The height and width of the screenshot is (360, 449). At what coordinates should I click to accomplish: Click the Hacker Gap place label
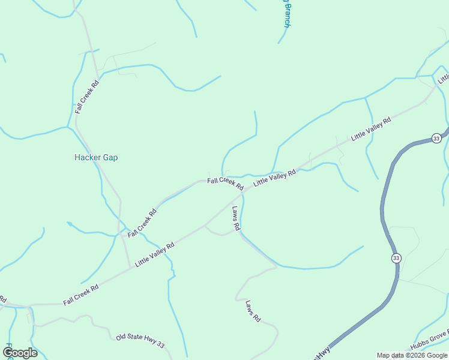(96, 157)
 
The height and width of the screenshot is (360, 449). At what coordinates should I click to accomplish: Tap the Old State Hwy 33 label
(140, 340)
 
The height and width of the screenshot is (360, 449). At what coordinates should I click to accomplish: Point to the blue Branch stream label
(286, 14)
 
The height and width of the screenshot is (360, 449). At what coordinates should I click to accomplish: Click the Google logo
(20, 352)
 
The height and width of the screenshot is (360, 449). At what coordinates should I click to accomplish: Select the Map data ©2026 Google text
(412, 355)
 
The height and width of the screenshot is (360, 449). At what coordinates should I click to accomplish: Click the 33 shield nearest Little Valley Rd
(436, 139)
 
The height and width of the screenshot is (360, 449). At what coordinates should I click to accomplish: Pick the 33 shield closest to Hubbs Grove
(396, 258)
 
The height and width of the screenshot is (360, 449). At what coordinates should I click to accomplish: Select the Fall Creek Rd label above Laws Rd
(225, 183)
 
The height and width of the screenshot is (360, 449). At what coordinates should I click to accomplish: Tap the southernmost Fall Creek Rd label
(81, 294)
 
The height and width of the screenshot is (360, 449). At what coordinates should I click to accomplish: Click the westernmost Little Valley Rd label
(154, 254)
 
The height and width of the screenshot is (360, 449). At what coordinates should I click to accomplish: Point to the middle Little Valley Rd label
(274, 178)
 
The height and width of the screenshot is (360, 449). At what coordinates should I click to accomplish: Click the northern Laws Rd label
(236, 218)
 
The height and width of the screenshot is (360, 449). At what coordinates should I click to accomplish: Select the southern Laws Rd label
(253, 312)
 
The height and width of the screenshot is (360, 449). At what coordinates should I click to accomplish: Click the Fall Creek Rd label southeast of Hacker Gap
(142, 223)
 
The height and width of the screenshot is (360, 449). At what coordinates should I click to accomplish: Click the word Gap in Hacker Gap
(110, 157)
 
